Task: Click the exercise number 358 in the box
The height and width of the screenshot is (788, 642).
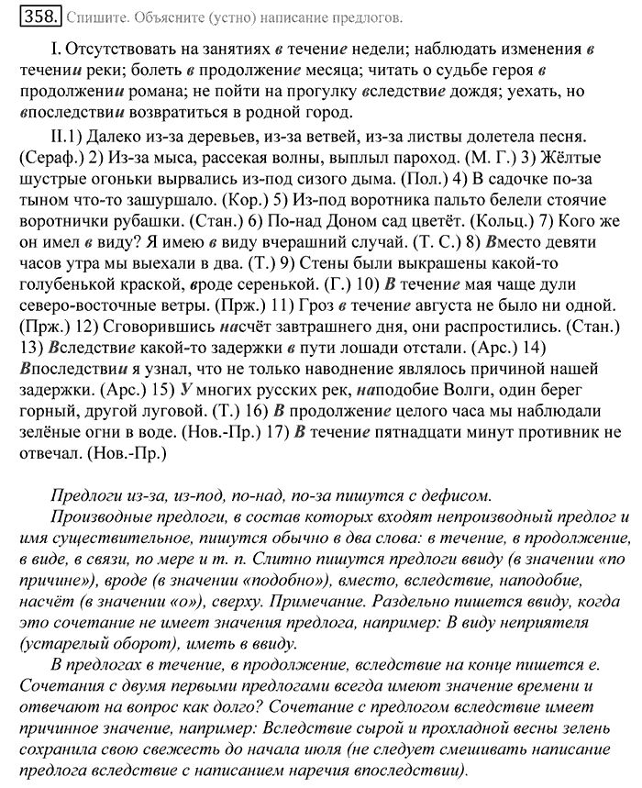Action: click(39, 16)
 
